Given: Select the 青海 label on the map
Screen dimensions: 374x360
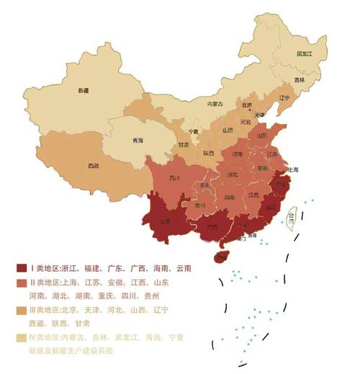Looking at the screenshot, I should (135, 141).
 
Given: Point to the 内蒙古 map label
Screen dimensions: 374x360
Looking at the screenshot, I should (215, 104).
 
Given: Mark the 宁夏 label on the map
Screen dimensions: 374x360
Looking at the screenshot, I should (193, 132).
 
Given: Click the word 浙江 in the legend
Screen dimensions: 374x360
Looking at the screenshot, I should (76, 268).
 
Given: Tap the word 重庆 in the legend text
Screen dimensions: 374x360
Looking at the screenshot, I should (110, 296).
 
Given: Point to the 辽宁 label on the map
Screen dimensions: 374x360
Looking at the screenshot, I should (284, 97).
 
